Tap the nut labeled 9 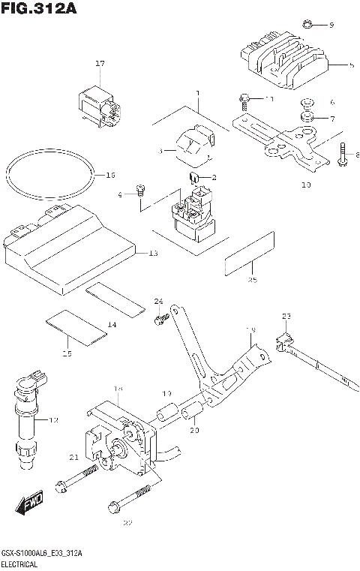point(307,25)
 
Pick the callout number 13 point(153,254)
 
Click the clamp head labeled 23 point(284,338)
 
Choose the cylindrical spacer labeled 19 point(168,412)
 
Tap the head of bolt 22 point(113,503)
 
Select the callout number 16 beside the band point(110,175)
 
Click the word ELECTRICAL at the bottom point(19,562)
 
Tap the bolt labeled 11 point(244,98)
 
